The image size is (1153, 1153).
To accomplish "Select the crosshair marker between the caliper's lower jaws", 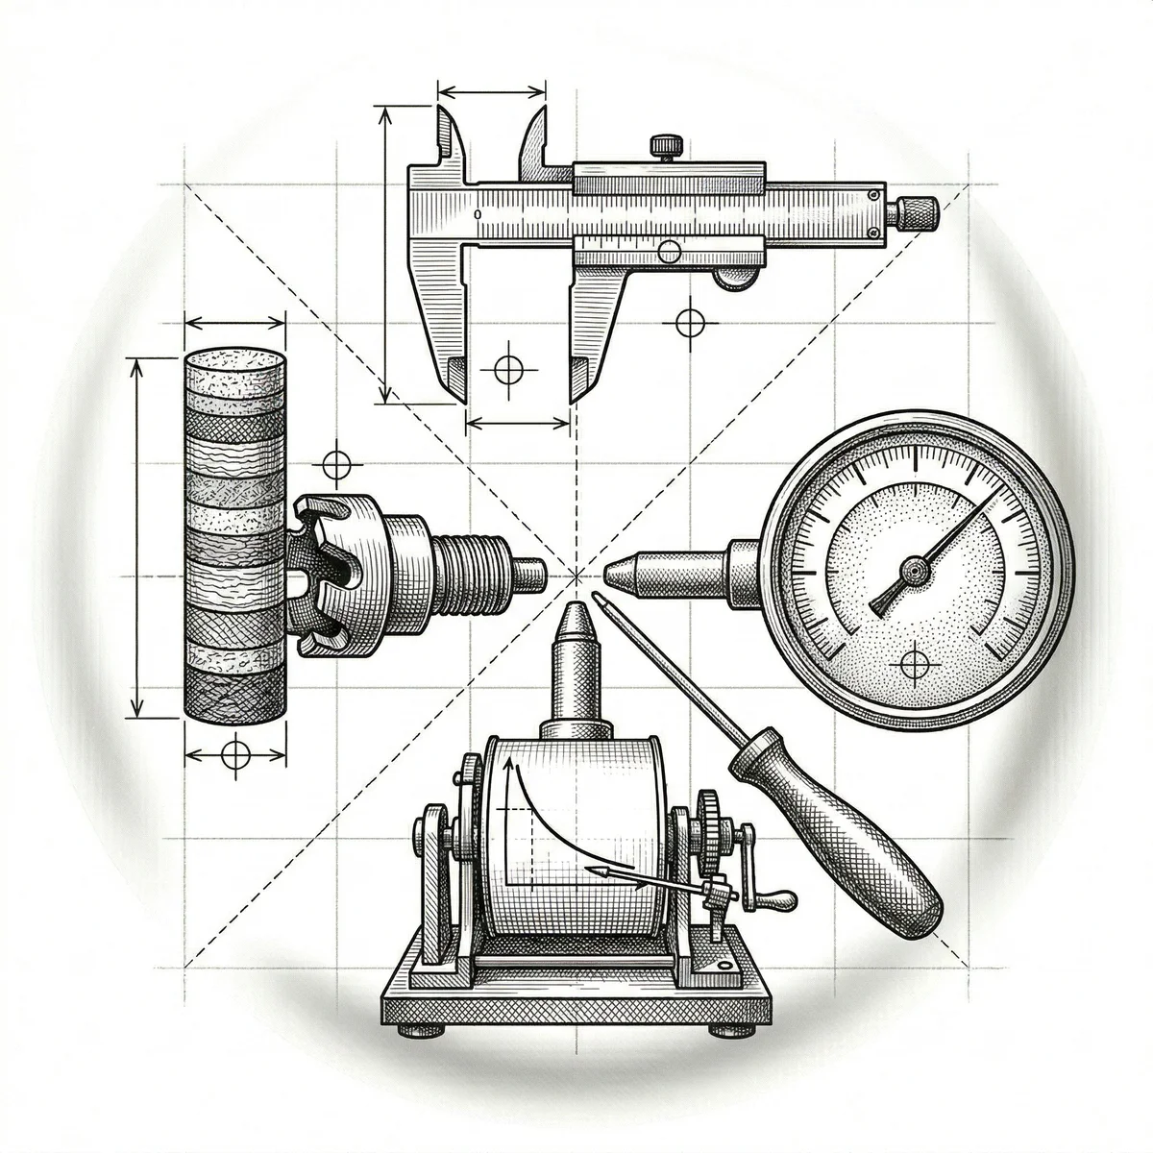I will pyautogui.click(x=507, y=368).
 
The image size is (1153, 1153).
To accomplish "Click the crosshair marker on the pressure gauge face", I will pyautogui.click(x=914, y=663).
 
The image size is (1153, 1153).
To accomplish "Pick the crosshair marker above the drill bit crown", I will pyautogui.click(x=335, y=465).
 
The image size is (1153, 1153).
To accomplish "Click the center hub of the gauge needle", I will pyautogui.click(x=912, y=574).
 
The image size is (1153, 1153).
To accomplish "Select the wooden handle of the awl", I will pyautogui.click(x=836, y=836).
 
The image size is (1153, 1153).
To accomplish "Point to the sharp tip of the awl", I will pyautogui.click(x=598, y=597).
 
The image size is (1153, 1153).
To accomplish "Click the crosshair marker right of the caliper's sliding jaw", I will pyautogui.click(x=690, y=322).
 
